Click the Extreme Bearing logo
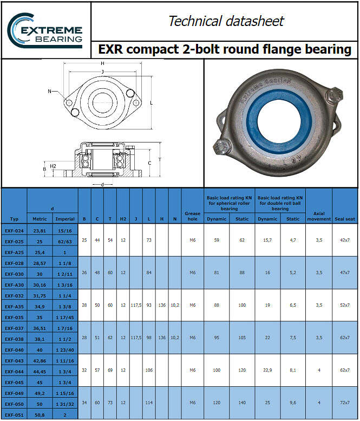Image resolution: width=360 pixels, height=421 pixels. tap(45, 29)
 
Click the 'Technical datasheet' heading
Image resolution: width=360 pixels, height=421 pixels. tap(226, 21)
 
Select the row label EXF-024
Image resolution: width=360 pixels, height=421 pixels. tap(14, 230)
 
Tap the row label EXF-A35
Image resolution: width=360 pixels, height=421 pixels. tap(14, 306)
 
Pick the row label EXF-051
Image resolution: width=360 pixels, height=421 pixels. tap(14, 414)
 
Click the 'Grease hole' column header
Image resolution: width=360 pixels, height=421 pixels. tap(192, 216)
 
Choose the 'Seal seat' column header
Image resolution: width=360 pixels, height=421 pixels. tap(344, 219)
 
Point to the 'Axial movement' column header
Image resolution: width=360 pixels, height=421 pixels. tap(319, 216)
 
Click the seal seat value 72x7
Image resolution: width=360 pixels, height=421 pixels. tap(344, 403)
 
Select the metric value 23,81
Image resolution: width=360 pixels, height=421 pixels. tap(40, 230)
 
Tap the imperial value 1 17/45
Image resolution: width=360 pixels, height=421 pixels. tap(66, 317)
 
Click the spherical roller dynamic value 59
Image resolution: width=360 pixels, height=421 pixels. tap(217, 240)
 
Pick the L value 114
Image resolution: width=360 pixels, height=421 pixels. tap(149, 403)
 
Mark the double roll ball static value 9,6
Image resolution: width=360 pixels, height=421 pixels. tap(293, 403)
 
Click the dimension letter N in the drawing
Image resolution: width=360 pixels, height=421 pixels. tap(49, 91)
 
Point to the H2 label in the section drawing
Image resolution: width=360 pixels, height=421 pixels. tap(53, 166)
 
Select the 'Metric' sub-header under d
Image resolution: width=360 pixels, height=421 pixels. tap(40, 219)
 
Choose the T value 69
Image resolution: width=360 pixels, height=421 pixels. tap(110, 370)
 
